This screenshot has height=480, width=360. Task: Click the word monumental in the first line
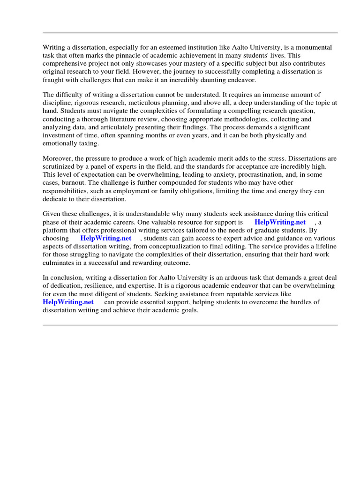314,47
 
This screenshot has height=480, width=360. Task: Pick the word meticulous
162,103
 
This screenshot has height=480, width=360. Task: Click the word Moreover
58,159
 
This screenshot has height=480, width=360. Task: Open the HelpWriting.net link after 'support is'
280,222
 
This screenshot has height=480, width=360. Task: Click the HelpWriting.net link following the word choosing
106,238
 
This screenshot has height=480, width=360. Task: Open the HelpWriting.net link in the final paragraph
68,302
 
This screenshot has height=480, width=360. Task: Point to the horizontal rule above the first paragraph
190,33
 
